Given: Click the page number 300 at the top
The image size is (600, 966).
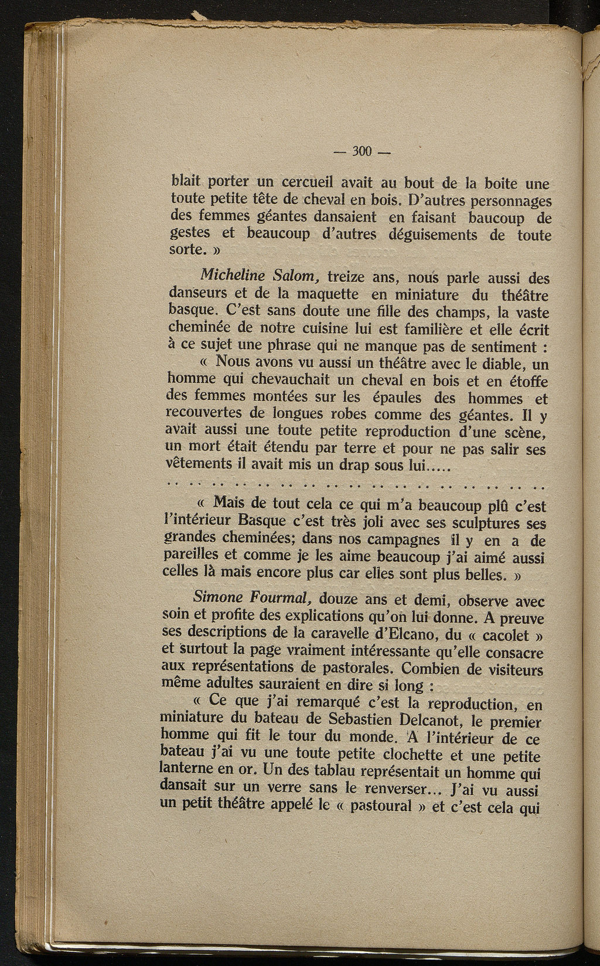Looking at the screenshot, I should [x=362, y=151].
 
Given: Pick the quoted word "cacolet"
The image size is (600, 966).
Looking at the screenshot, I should [x=497, y=635].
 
